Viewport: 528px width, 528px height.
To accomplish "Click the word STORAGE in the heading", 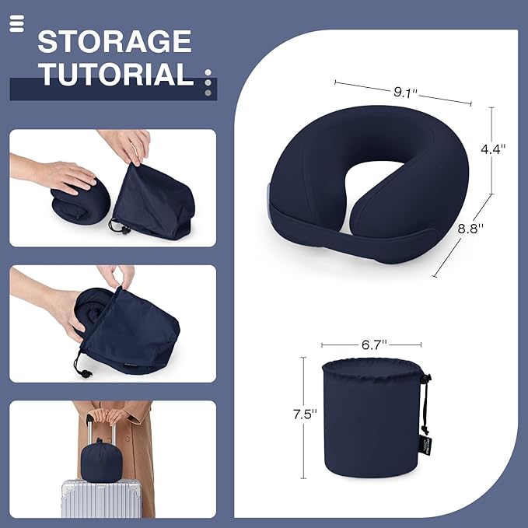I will click(114, 41).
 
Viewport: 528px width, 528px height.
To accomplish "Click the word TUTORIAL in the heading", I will click(116, 74).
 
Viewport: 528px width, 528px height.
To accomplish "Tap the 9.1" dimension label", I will click(405, 93).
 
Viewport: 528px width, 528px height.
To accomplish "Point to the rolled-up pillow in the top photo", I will click(78, 202).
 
